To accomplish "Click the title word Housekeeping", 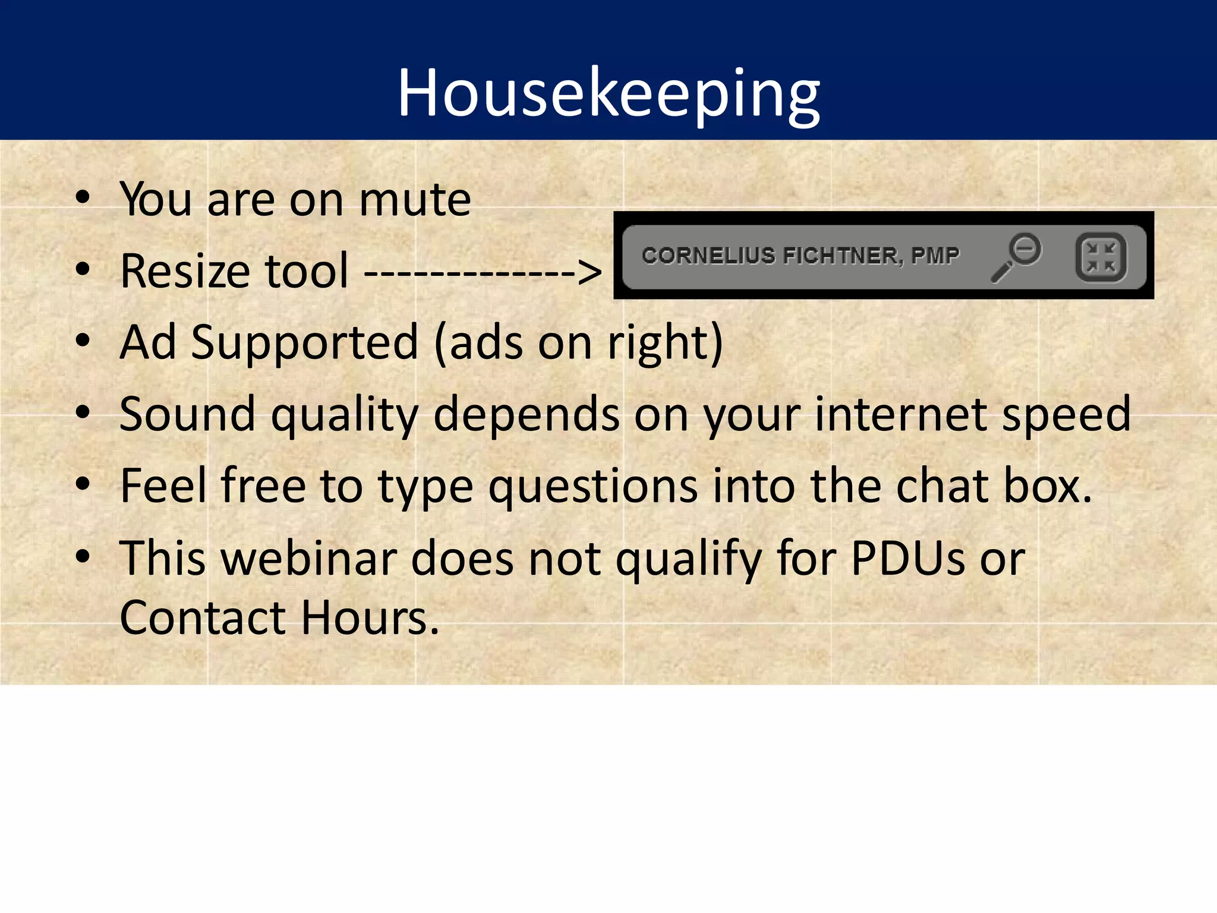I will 608,94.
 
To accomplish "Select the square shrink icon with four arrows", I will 1101,257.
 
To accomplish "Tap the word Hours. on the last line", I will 370,618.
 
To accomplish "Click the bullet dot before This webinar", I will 83,557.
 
